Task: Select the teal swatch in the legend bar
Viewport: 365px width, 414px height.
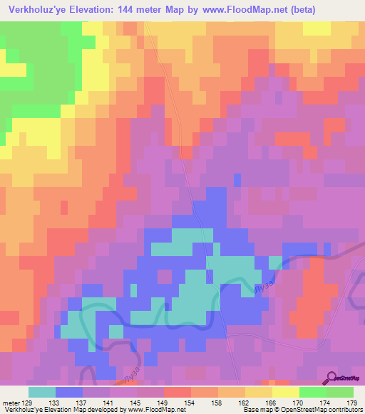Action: click(42, 392)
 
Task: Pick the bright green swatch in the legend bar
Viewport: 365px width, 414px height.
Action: click(313, 392)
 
